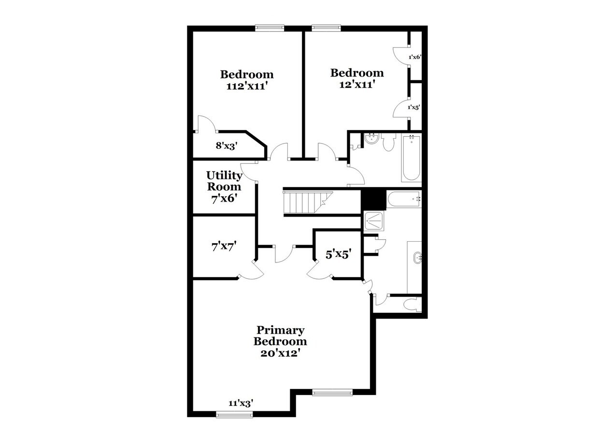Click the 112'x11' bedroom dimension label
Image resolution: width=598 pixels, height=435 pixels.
tap(247, 87)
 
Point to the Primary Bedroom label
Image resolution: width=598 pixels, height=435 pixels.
tap(280, 335)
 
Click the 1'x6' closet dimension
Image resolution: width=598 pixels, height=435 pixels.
tap(415, 57)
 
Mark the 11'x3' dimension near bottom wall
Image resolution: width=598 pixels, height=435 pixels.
tap(241, 402)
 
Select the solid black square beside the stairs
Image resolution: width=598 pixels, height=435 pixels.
tap(373, 199)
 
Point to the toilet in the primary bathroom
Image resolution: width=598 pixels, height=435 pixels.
tap(412, 304)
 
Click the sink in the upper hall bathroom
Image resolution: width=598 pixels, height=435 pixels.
tap(371, 140)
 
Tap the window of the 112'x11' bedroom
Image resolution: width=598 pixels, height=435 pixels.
tap(270, 28)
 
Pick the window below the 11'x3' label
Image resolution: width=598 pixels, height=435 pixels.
tap(234, 414)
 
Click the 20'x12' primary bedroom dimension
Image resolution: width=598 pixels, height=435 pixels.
tap(280, 353)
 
